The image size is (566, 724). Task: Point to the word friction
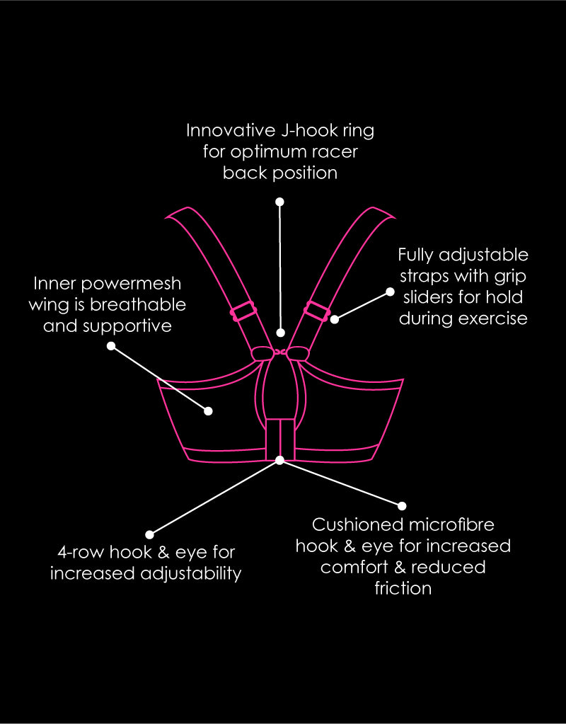click(403, 589)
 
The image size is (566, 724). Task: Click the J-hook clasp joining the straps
click(279, 352)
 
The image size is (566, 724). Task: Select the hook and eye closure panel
click(280, 439)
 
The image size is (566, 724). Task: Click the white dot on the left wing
click(208, 411)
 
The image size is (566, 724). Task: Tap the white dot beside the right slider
click(335, 319)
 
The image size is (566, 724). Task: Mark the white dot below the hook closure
click(279, 460)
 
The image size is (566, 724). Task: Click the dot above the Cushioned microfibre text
click(402, 506)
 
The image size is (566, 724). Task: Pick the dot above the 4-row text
click(149, 535)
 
